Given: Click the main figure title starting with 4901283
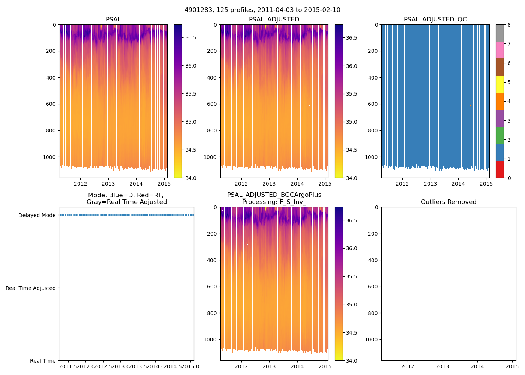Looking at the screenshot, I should pyautogui.click(x=262, y=10).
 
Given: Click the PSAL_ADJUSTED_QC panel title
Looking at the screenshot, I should pyautogui.click(x=435, y=19).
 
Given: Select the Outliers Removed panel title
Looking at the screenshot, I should pyautogui.click(x=448, y=202).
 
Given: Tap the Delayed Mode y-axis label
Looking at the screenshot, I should pyautogui.click(x=37, y=215).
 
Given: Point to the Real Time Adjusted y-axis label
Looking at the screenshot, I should pyautogui.click(x=31, y=288).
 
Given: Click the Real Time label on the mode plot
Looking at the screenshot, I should pyautogui.click(x=43, y=361).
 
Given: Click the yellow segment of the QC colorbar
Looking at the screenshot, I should pyautogui.click(x=499, y=84).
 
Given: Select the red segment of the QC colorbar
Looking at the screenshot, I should pyautogui.click(x=499, y=169).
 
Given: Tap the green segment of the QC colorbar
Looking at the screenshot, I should pyautogui.click(x=499, y=135).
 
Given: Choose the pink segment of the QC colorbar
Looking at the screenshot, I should pyautogui.click(x=499, y=50).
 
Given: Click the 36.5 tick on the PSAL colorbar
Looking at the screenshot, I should pyautogui.click(x=191, y=37).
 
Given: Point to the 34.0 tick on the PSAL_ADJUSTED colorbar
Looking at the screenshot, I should pyautogui.click(x=352, y=178).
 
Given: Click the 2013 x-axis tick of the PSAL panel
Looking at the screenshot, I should pyautogui.click(x=108, y=184).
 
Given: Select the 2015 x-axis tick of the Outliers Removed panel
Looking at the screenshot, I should pyautogui.click(x=512, y=366).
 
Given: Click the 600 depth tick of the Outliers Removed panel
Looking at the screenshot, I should pyautogui.click(x=372, y=286).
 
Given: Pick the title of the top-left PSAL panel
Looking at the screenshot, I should pyautogui.click(x=113, y=19).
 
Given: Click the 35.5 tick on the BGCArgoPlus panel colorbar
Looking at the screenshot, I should pyautogui.click(x=352, y=276).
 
